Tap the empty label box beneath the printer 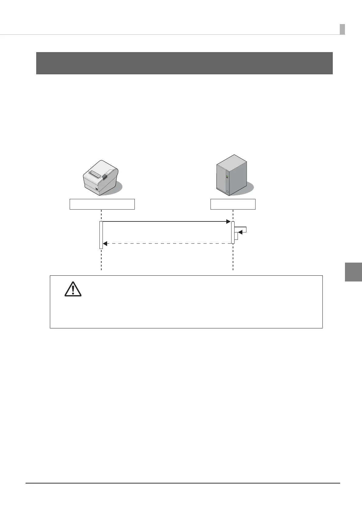(x=102, y=204)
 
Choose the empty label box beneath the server (x=233, y=204)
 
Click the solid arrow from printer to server (x=166, y=221)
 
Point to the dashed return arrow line (x=167, y=244)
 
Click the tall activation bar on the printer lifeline (x=101, y=235)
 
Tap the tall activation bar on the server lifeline (x=233, y=232)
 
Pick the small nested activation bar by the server (x=236, y=236)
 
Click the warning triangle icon (x=73, y=289)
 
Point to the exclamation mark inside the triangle (x=73, y=290)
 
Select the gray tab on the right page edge (x=353, y=272)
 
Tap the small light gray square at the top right (x=342, y=29)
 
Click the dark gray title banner (x=184, y=63)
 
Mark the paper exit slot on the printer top (x=95, y=175)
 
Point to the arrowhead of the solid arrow (x=228, y=221)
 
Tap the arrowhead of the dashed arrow (x=105, y=244)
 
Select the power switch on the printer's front (x=97, y=189)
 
